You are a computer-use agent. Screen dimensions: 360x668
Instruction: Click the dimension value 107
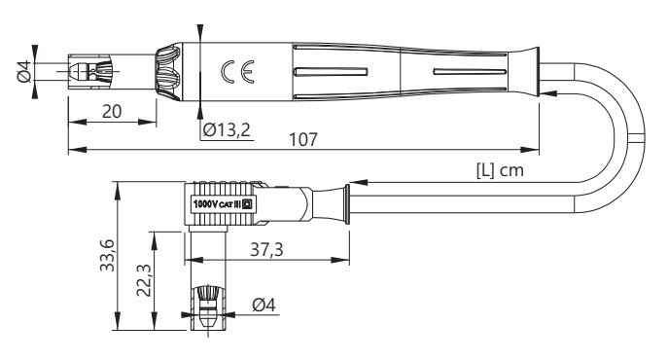[303, 139]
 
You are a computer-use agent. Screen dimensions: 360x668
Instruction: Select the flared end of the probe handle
[531, 70]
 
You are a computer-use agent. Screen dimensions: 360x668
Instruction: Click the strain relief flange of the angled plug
[341, 205]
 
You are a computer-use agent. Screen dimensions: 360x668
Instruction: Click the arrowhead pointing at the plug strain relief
[362, 182]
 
